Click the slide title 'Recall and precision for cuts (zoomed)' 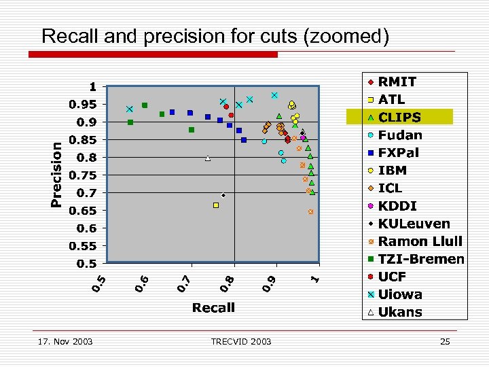215,36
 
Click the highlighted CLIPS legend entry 399,117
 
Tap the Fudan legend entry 399,135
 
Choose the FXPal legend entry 399,153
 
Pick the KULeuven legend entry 414,224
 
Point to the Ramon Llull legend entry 420,241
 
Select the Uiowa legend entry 400,294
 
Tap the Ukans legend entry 400,313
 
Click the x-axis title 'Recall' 213,308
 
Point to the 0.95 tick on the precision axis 84,105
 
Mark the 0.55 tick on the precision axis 84,246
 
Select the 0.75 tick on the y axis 84,175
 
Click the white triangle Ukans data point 208,158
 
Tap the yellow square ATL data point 216,205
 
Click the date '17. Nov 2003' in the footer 66,341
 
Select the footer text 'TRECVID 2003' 241,341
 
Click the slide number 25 445,341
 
